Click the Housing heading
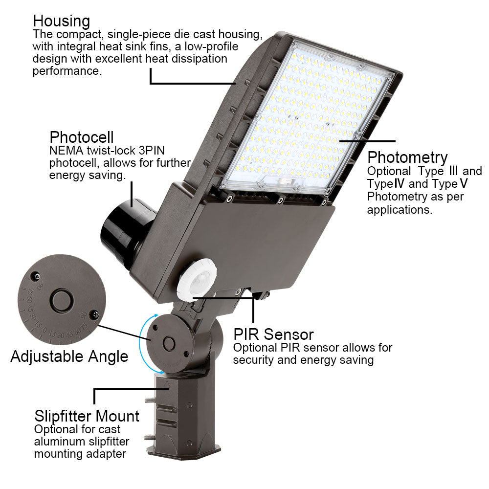(62, 21)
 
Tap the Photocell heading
(82, 136)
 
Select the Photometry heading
(407, 157)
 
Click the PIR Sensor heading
(273, 334)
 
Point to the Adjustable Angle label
(69, 356)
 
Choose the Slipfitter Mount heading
(87, 417)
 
